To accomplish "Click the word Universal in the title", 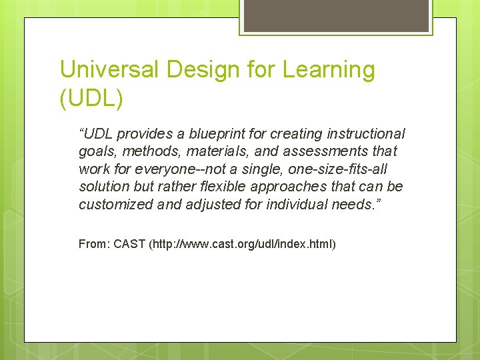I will (106, 69).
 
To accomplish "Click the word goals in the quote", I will (96, 152).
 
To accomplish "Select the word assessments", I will (313, 152).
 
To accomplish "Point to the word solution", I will (103, 187).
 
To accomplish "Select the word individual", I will (297, 205).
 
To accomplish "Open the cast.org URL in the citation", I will (244, 245).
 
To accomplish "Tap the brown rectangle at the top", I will (335, 15).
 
